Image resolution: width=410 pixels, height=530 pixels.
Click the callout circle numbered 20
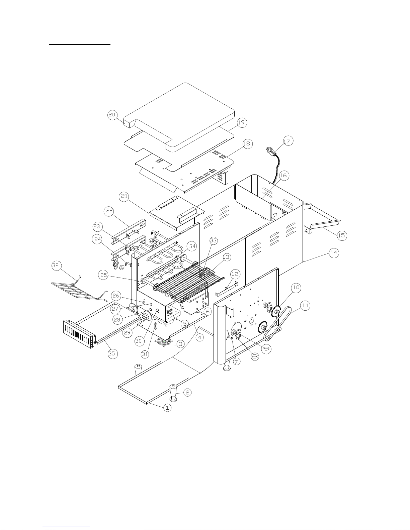112,115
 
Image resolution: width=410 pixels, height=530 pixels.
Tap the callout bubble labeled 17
288,141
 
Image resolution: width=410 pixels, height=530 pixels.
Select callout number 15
342,235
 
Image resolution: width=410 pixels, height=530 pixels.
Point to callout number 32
57,266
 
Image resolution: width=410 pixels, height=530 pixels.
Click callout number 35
112,353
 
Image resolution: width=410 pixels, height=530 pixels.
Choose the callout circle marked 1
167,408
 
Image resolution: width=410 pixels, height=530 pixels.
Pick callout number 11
305,305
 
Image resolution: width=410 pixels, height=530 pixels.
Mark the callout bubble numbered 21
124,196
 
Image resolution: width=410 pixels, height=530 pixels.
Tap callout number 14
334,252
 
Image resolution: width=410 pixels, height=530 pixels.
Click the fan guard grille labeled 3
164,341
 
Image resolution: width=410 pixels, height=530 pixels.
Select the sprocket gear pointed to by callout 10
276,312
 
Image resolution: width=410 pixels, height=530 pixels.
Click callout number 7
237,361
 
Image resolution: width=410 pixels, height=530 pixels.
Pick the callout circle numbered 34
192,246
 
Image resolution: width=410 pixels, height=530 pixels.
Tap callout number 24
97,239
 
